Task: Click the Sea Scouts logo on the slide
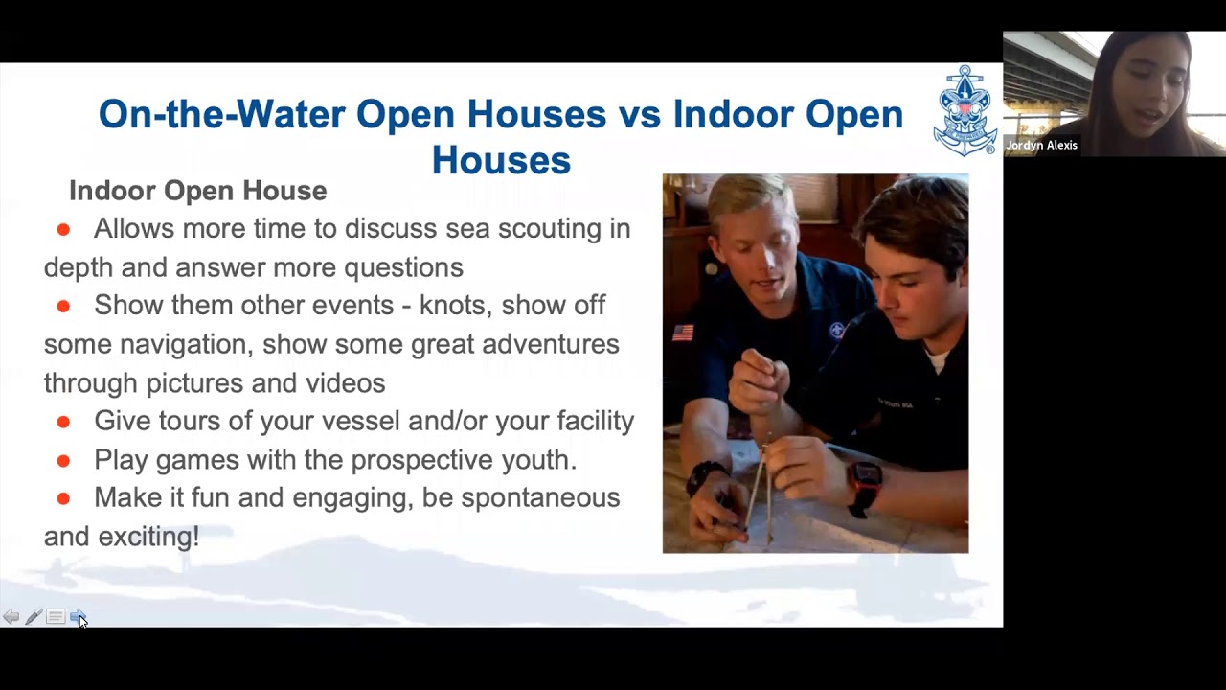965,111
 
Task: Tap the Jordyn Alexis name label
1041,146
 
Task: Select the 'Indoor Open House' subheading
197,191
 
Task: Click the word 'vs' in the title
640,115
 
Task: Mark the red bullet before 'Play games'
63,461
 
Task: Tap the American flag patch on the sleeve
683,333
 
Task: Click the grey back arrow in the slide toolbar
11,617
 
